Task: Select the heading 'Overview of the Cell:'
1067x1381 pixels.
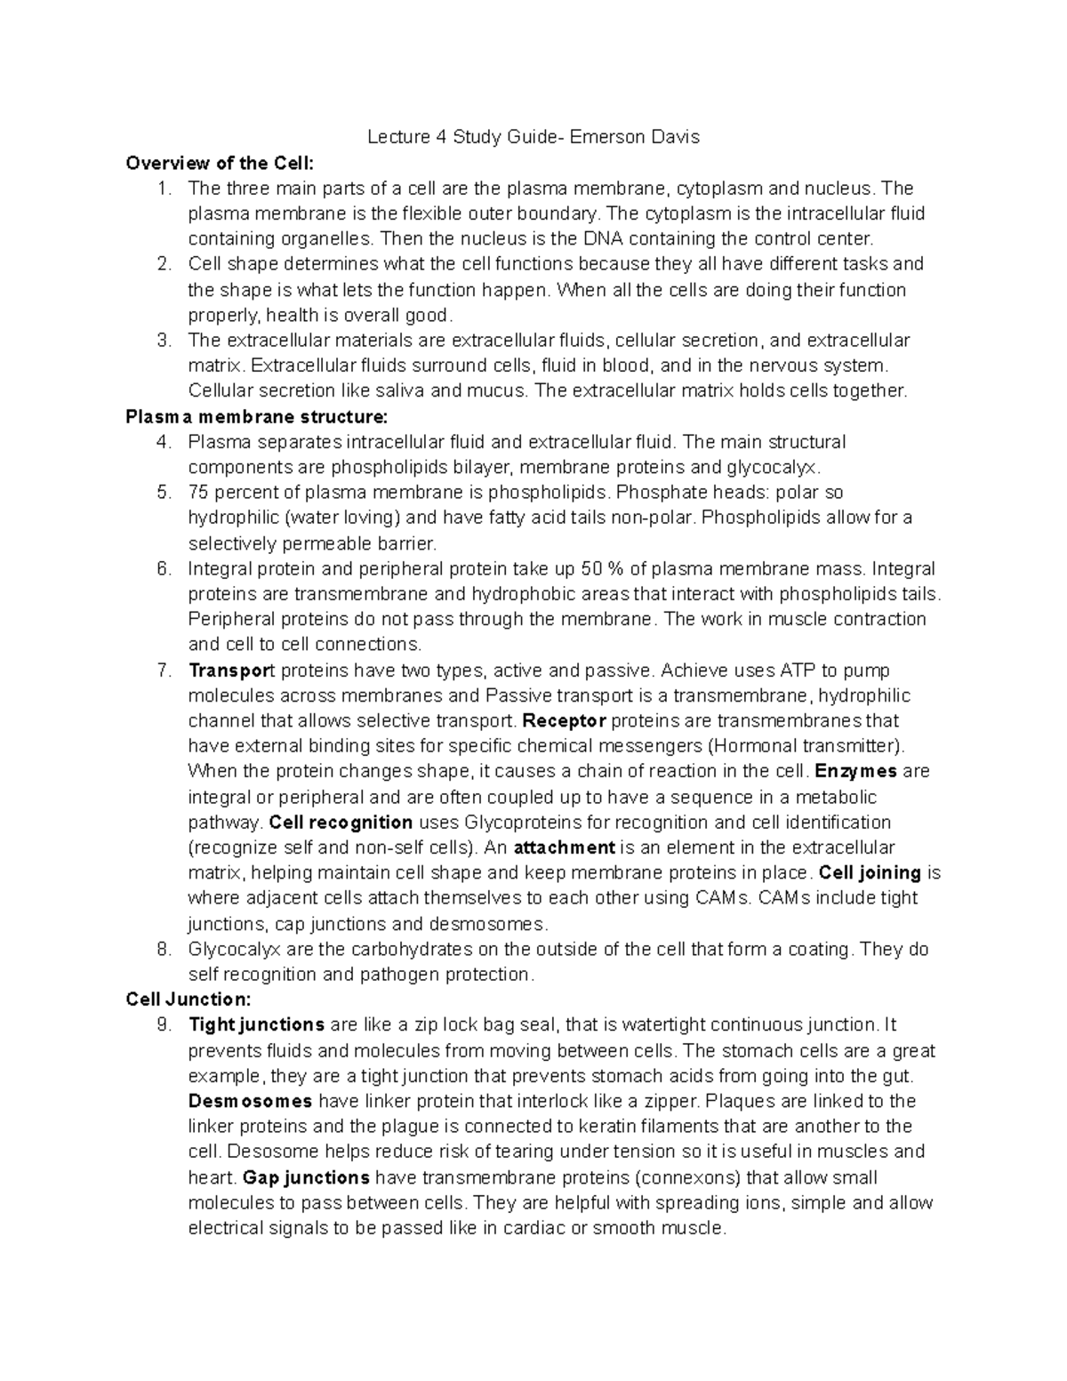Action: pyautogui.click(x=220, y=163)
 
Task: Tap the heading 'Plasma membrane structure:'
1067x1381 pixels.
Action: pyautogui.click(x=257, y=416)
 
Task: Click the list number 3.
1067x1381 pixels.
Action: pyautogui.click(x=163, y=341)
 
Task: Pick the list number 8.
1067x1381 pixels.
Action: pyautogui.click(x=163, y=949)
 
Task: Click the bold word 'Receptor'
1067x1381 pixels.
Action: pyautogui.click(x=565, y=720)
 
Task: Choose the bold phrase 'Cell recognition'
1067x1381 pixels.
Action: pyautogui.click(x=341, y=823)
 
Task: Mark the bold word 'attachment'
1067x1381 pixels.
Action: pyautogui.click(x=565, y=847)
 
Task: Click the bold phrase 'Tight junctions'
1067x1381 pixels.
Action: pyautogui.click(x=257, y=1025)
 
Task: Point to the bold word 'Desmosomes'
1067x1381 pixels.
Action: pyautogui.click(x=250, y=1101)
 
